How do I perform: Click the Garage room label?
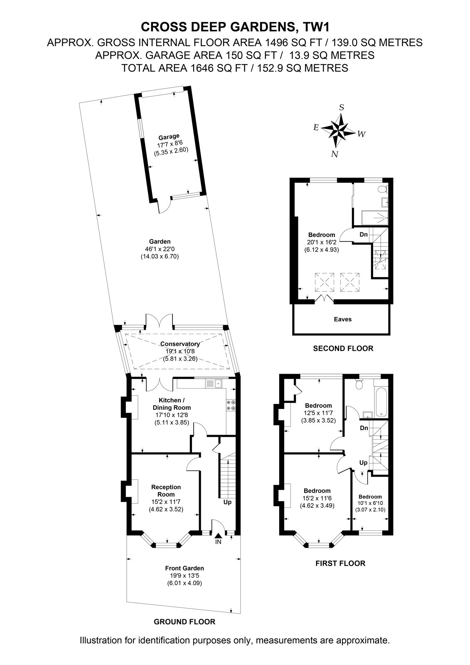point(169,137)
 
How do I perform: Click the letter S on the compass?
point(342,108)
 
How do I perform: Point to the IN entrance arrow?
point(218,535)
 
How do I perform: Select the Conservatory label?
point(180,344)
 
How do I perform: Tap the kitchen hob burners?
point(231,406)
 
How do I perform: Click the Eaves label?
point(342,320)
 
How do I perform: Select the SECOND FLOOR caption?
point(343,349)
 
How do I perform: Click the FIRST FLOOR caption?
point(340,564)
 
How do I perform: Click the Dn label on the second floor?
point(364,234)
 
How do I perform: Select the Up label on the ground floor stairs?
point(227,502)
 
